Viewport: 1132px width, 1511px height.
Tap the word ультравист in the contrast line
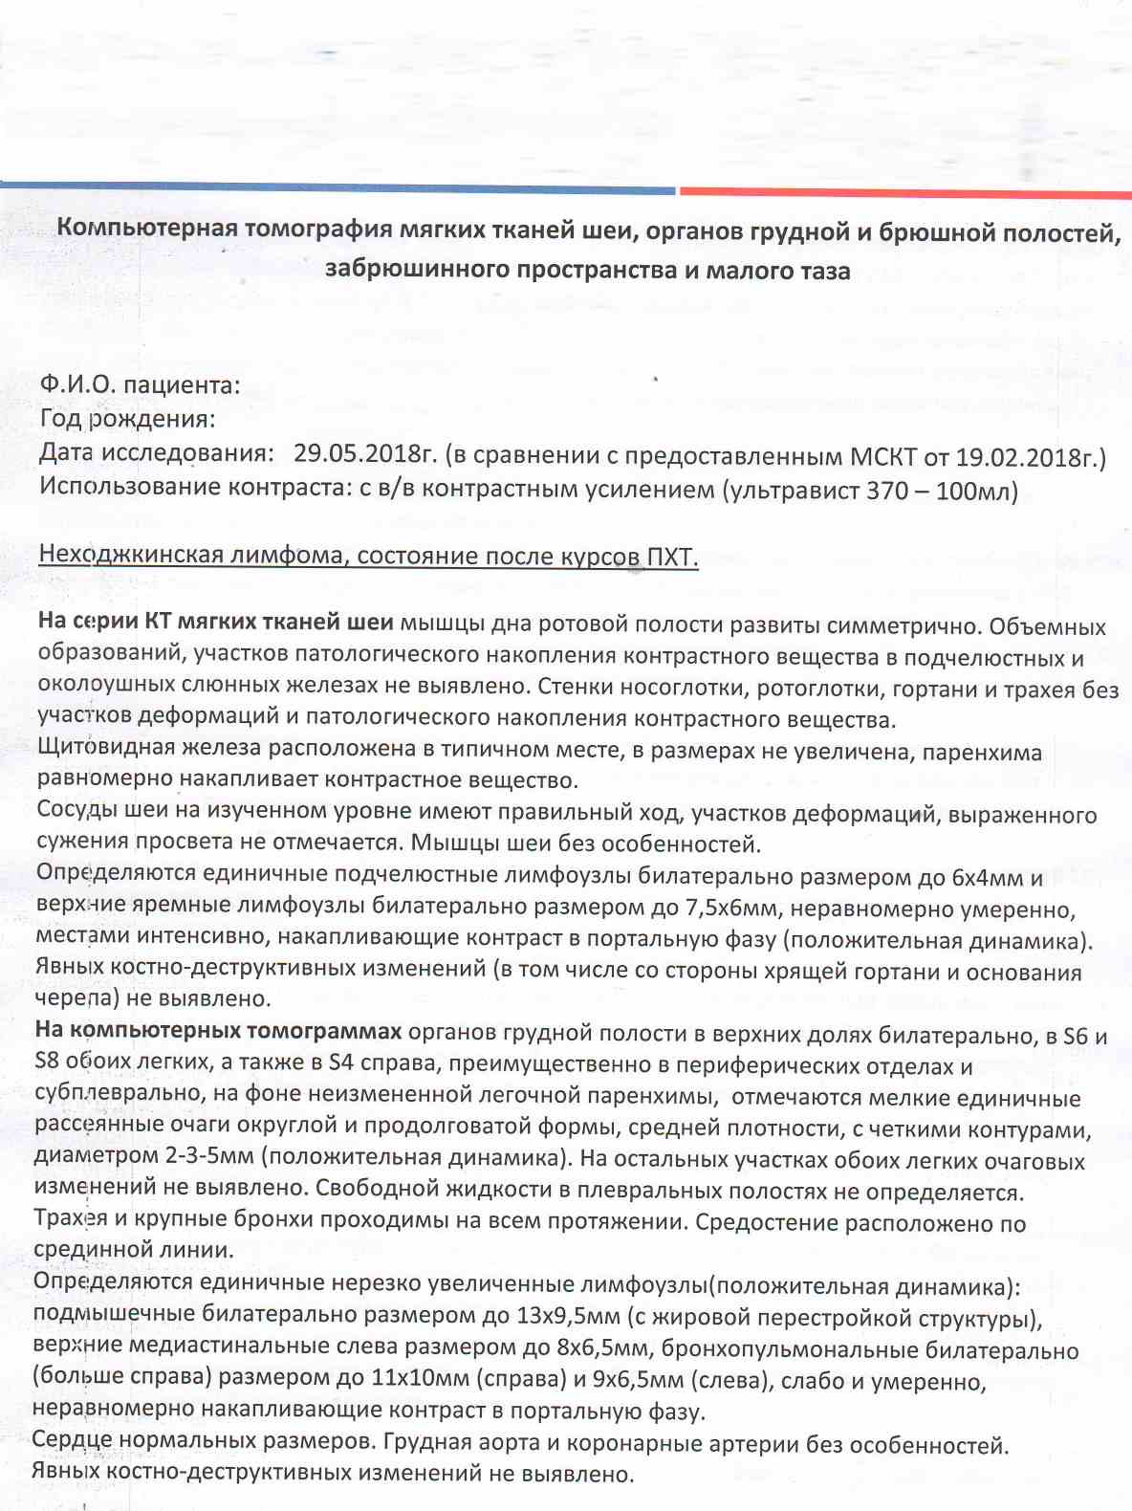click(795, 491)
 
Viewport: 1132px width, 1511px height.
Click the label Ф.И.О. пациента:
click(140, 385)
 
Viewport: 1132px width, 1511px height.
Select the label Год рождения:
click(127, 419)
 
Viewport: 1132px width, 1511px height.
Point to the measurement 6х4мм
click(994, 878)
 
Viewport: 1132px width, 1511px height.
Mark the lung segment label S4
click(342, 1063)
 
